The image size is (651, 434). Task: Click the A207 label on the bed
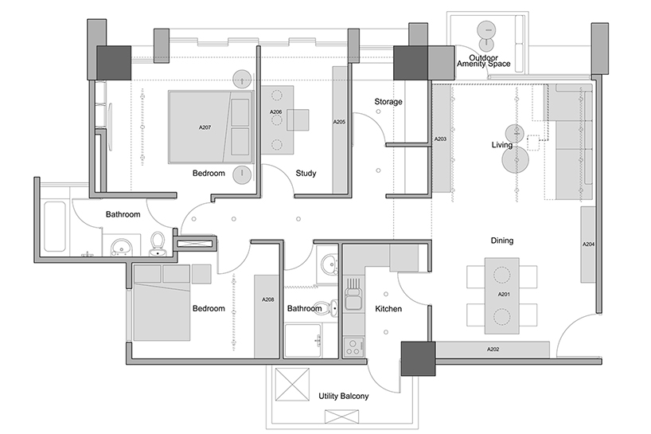(x=204, y=127)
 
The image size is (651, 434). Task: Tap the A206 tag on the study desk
(x=276, y=112)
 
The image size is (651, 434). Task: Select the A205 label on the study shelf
(x=339, y=122)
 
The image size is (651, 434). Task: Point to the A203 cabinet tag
(x=440, y=139)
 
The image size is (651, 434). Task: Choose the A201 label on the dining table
(x=503, y=294)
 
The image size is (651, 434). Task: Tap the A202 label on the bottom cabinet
(x=493, y=350)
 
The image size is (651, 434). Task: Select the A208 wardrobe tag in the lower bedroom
(x=268, y=300)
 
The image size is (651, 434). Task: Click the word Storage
(x=388, y=102)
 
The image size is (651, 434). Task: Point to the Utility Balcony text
(x=343, y=395)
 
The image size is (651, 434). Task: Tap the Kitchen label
(x=388, y=309)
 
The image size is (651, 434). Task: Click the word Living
(x=501, y=145)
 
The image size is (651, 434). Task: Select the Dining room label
(x=501, y=240)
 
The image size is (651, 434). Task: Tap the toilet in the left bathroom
(x=158, y=241)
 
